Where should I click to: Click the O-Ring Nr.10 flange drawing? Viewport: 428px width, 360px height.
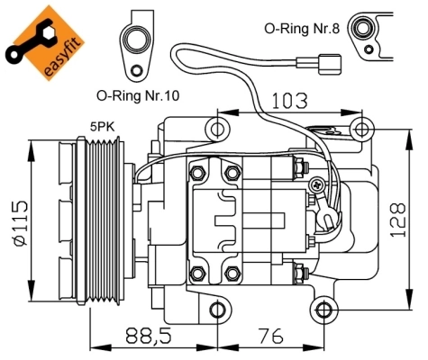139,45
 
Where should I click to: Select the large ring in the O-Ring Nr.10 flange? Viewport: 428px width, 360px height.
140,37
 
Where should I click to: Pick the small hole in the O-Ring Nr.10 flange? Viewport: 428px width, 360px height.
136,70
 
